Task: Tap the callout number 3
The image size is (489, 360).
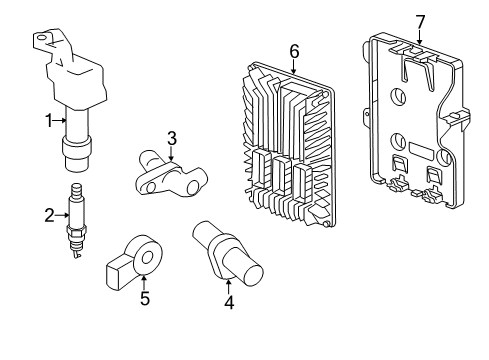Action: pos(171,138)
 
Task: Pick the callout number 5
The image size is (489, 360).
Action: pos(144,297)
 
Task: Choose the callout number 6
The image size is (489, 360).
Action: pos(293,49)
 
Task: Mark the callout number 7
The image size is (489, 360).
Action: pos(419,21)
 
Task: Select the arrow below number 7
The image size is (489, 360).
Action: pos(419,38)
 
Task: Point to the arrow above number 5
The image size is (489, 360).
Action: pos(144,280)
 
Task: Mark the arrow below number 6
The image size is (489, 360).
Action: pos(293,65)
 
